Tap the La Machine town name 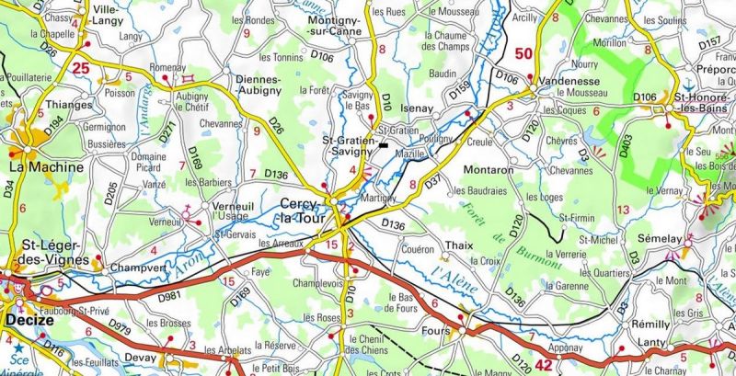pyautogui.click(x=45, y=168)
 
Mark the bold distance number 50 pyautogui.click(x=523, y=55)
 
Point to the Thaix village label pyautogui.click(x=458, y=245)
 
